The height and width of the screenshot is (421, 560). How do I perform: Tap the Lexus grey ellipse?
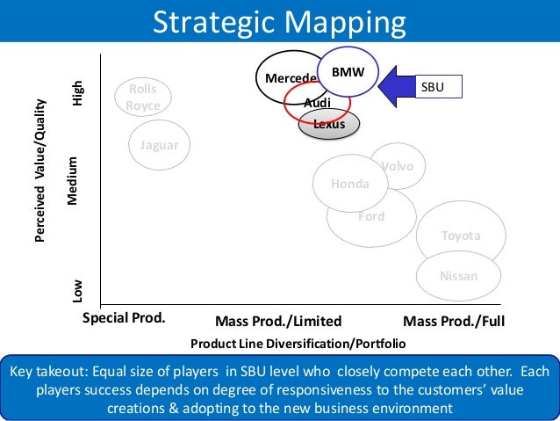(329, 125)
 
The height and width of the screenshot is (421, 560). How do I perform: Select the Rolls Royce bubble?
(143, 98)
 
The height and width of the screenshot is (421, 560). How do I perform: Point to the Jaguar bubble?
(160, 145)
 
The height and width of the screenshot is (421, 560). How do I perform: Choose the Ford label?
(370, 216)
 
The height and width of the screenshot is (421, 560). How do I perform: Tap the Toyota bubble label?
(461, 236)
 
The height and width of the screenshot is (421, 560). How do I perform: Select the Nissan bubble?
(459, 276)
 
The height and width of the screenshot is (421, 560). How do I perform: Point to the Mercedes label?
(291, 78)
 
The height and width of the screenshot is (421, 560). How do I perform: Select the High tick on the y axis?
(78, 93)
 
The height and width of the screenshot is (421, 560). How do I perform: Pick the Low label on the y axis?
(78, 289)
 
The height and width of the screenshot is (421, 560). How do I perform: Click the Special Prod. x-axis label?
(124, 317)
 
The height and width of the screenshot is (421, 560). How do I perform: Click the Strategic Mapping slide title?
(280, 22)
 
